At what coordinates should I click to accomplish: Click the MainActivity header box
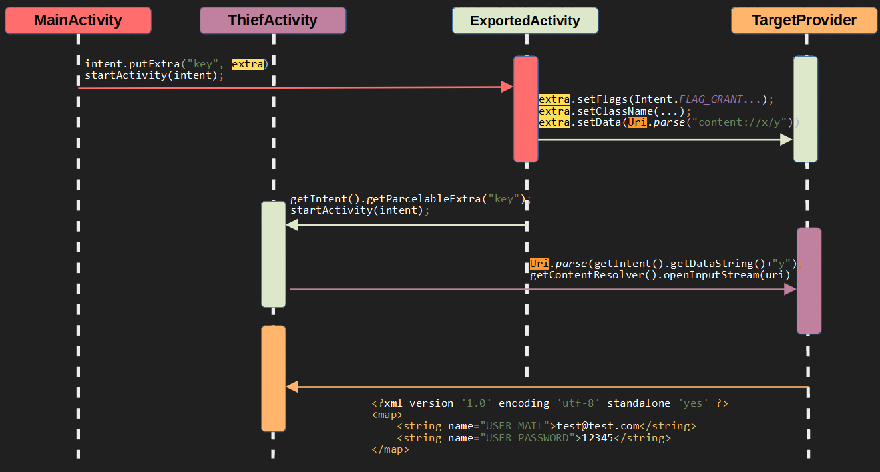[x=78, y=21]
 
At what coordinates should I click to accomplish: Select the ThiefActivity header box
[x=273, y=21]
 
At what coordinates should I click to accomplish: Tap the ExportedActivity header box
[x=525, y=21]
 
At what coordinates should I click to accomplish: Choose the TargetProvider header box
[x=804, y=21]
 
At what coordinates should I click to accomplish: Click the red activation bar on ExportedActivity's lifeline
[x=525, y=109]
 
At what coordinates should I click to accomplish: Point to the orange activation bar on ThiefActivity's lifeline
[x=273, y=378]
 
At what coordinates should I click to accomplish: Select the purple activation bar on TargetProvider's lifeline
[x=809, y=280]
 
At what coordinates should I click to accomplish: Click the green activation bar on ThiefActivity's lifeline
[x=273, y=254]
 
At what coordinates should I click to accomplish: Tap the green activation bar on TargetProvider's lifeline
[x=805, y=109]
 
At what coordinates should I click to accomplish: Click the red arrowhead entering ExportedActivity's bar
[x=507, y=87]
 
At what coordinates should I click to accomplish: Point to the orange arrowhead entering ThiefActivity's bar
[x=292, y=387]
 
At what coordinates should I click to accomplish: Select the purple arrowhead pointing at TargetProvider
[x=790, y=289]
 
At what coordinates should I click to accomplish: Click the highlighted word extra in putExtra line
[x=246, y=64]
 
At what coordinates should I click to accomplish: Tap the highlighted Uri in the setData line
[x=636, y=123]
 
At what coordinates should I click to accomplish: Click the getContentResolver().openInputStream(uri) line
[x=660, y=275]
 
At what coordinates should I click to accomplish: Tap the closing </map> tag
[x=390, y=450]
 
